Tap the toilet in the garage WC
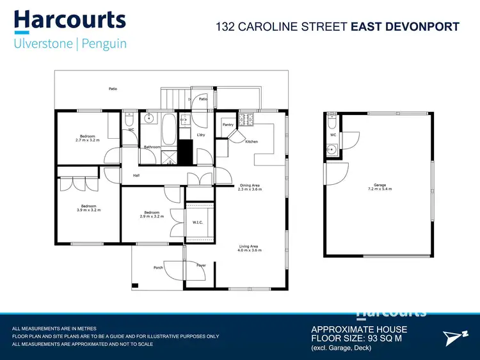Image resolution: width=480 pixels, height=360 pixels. tap(332, 121)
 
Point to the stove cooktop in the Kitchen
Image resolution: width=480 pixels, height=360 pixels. tap(246, 119)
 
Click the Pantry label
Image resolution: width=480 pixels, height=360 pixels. tap(227, 125)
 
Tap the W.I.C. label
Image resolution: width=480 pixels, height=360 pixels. tap(197, 223)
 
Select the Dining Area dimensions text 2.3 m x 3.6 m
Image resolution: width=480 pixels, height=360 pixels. tap(249, 189)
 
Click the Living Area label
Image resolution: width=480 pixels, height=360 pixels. tap(249, 246)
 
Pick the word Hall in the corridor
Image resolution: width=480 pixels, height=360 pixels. tap(136, 175)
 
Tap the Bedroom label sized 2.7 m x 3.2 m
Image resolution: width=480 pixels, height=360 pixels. tap(88, 136)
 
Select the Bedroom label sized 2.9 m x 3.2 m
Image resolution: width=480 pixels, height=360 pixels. tap(152, 212)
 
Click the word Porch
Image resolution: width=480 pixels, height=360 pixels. tap(158, 267)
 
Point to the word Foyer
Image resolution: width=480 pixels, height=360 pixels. tap(201, 265)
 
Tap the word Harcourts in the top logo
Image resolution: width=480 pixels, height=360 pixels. tap(70, 19)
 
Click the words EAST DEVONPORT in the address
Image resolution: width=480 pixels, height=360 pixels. tap(405, 27)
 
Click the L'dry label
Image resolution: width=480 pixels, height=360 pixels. tap(200, 135)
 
